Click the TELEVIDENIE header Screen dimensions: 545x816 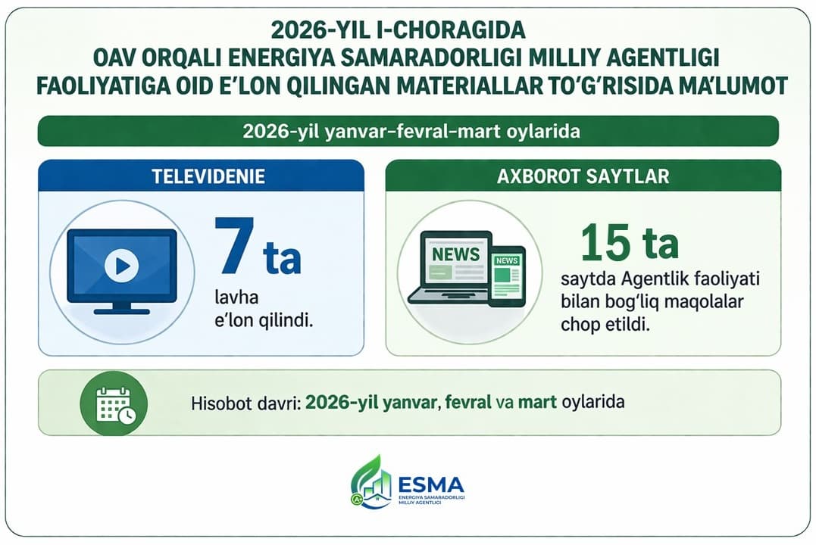point(201,176)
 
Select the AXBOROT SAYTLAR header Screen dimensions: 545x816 point(583,176)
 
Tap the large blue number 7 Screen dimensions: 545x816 point(233,246)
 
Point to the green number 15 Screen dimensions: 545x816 point(605,242)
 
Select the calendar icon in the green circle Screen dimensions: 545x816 point(114,404)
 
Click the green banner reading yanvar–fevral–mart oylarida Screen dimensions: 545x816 point(408,131)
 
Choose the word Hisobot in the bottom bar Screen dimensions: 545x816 point(217,403)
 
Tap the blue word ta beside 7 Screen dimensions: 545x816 point(282,258)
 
